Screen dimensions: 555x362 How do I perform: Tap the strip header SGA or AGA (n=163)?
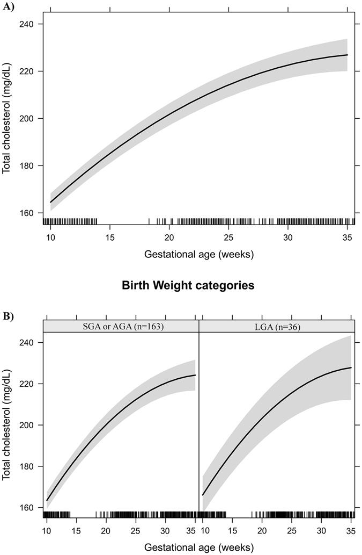(121, 326)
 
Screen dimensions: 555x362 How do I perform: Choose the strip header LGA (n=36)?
(277, 326)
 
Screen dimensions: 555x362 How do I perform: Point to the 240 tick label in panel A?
(27, 24)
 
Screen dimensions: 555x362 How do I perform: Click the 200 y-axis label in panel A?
(27, 118)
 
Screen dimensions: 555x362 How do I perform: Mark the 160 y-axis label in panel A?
(27, 213)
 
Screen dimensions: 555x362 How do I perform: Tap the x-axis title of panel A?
(198, 254)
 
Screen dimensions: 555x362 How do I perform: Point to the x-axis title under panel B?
(198, 547)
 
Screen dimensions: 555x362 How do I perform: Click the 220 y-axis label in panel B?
(27, 384)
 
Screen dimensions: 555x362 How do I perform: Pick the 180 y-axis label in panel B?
(27, 466)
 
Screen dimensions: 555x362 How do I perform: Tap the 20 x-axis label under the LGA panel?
(262, 530)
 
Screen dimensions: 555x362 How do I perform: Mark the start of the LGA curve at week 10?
(203, 495)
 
